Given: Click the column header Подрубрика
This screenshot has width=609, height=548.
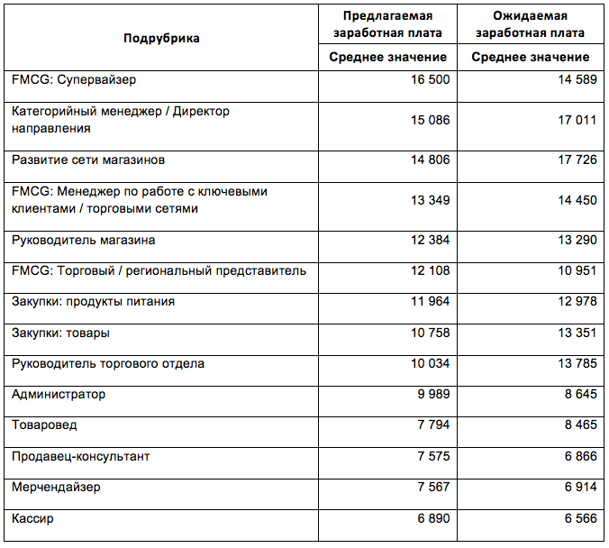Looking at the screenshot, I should (162, 38).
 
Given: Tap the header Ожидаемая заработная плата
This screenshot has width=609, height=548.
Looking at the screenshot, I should (530, 24).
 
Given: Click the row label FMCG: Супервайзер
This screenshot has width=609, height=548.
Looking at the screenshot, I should (74, 80).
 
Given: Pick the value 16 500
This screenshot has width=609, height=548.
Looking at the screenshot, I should (430, 80).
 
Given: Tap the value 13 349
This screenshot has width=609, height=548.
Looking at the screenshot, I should (430, 200).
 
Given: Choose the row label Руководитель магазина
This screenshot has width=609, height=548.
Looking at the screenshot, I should (83, 241).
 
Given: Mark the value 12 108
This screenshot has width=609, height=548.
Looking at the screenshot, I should (430, 271).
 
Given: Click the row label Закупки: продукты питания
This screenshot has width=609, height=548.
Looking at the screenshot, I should (93, 302).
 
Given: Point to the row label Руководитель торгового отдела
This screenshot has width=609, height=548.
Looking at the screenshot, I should (108, 364).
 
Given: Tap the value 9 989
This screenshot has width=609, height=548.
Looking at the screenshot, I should (433, 395).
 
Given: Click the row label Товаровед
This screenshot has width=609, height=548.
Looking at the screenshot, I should (44, 425).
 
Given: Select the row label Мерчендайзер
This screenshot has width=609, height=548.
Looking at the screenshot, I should (56, 488).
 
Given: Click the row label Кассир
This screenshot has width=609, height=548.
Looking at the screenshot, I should (33, 519).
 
